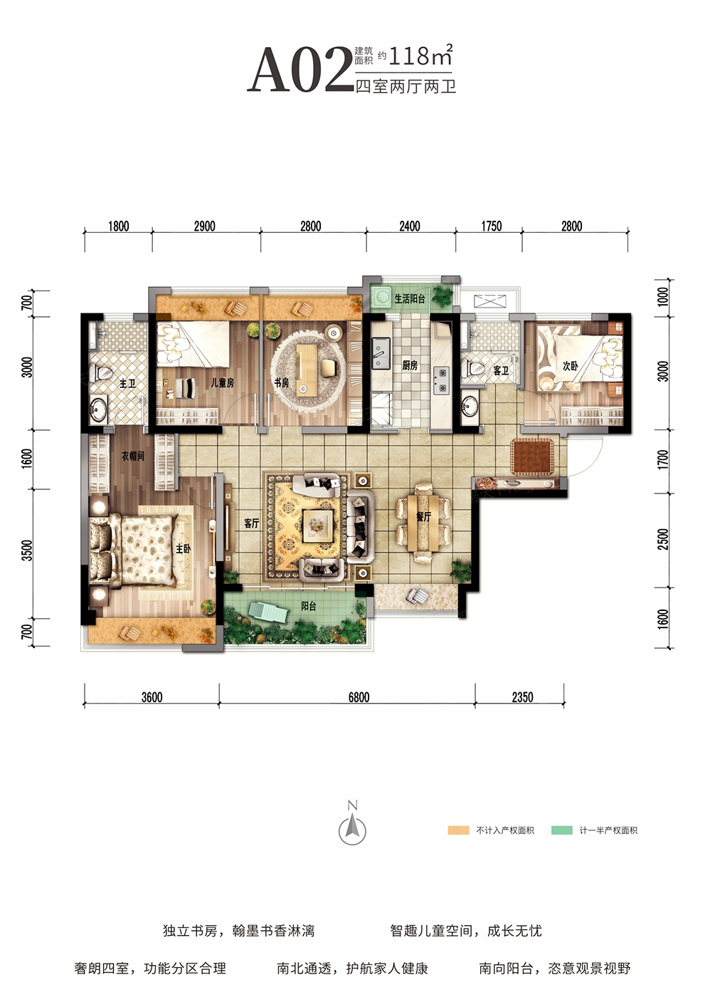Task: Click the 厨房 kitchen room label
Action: pos(409,366)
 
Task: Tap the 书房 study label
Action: pos(282,382)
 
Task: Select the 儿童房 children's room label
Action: pos(222,382)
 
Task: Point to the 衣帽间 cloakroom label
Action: pos(133,456)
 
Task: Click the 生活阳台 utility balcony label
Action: pos(410,298)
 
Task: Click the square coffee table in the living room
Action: pos(317,526)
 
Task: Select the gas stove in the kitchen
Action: pos(441,380)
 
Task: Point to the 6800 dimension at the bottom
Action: pos(359,697)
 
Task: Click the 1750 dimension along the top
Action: pos(491,226)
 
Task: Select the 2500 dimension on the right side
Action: pos(663,539)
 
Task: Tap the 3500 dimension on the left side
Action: pos(27,550)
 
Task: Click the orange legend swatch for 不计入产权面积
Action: pos(458,830)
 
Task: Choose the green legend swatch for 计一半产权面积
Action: pos(562,830)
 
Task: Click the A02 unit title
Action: pos(300,70)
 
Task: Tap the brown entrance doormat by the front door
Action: pos(532,456)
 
